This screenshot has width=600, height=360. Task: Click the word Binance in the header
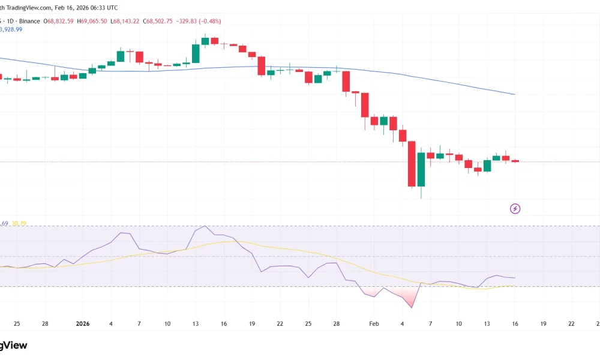[x=29, y=21]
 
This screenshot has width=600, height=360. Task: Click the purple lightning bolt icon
[x=515, y=209]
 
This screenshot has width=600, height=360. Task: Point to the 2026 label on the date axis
[x=83, y=324]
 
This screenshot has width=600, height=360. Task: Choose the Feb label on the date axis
[x=374, y=324]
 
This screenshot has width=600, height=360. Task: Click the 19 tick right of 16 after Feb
[x=543, y=324]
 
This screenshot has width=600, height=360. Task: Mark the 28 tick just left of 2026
[x=45, y=324]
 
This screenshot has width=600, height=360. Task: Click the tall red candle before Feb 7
[x=412, y=163]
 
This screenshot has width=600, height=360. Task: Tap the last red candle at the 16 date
[x=515, y=161]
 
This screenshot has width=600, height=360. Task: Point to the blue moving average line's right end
[x=514, y=94]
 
